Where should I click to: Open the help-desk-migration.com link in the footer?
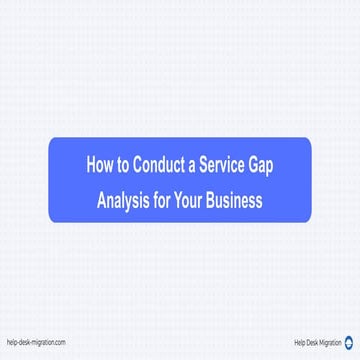(x=35, y=342)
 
